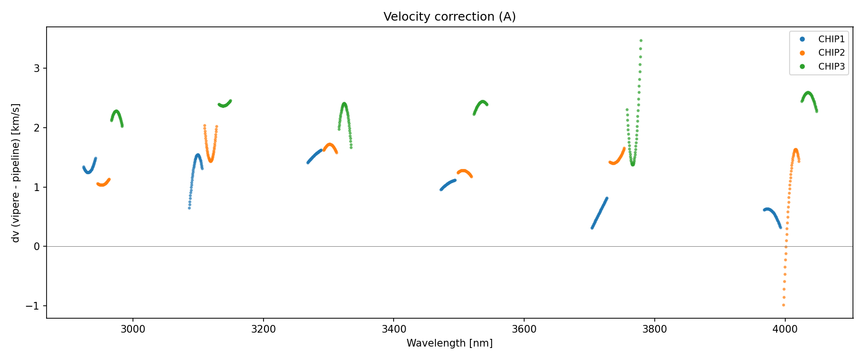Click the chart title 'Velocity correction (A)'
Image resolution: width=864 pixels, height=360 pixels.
(x=449, y=17)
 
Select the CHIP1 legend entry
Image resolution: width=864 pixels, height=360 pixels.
(x=831, y=39)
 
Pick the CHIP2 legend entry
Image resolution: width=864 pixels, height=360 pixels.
(x=831, y=53)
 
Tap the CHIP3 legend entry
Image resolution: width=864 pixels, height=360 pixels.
(x=831, y=67)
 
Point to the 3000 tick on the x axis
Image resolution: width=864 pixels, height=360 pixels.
(x=133, y=330)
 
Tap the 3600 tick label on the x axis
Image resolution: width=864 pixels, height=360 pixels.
(x=524, y=330)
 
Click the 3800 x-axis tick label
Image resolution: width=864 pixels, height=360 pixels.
(x=654, y=330)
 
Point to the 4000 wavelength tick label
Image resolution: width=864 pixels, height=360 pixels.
(x=785, y=330)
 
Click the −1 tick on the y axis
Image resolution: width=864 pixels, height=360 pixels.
(x=36, y=306)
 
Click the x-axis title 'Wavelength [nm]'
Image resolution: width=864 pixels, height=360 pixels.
(x=449, y=343)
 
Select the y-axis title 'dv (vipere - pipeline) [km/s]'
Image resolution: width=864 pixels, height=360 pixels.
(x=16, y=173)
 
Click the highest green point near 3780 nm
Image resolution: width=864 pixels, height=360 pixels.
(x=641, y=41)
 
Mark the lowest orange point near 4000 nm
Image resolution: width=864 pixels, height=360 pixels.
(x=783, y=305)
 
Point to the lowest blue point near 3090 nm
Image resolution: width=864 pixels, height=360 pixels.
(x=189, y=208)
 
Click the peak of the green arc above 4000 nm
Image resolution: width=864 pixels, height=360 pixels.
(x=808, y=93)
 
